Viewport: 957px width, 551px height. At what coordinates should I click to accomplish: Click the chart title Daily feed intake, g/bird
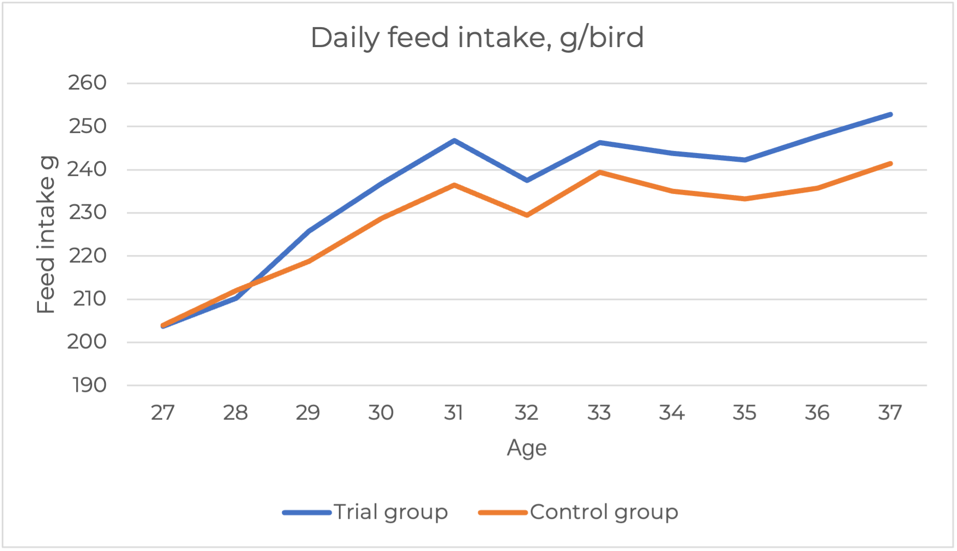(x=477, y=38)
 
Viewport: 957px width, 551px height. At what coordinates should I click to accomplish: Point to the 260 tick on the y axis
(x=88, y=83)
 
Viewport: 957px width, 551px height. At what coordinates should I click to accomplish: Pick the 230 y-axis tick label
(x=88, y=212)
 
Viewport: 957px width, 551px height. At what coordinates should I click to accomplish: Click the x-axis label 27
(x=163, y=412)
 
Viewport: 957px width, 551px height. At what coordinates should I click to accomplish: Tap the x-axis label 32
(x=526, y=412)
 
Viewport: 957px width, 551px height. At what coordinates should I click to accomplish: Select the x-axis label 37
(x=890, y=412)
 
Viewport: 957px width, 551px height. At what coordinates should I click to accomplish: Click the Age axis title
(x=527, y=448)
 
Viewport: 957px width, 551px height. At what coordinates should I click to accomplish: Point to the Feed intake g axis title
(x=46, y=234)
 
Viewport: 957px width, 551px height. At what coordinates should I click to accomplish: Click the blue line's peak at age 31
(x=454, y=140)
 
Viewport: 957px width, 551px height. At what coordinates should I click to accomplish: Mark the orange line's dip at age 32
(x=527, y=215)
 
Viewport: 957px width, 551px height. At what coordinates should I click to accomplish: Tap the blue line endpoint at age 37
(x=890, y=115)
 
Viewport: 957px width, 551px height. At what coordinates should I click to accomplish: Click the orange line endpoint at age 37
(x=890, y=164)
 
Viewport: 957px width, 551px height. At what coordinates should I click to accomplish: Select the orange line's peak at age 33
(x=599, y=172)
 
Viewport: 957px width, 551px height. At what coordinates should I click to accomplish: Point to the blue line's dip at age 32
(x=527, y=181)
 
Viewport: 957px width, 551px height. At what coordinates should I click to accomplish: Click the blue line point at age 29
(x=309, y=231)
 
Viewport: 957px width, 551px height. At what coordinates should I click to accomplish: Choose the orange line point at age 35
(x=745, y=199)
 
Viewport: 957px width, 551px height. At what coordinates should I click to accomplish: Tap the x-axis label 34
(x=671, y=412)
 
